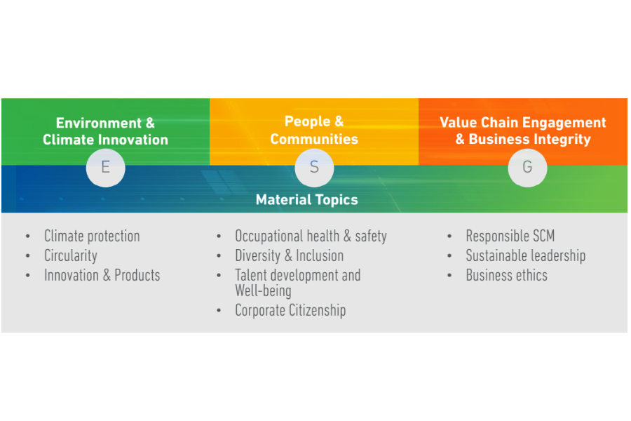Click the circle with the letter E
[105, 168]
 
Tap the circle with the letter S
[314, 168]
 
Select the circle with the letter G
[527, 168]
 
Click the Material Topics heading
[306, 200]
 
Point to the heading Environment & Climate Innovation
[105, 131]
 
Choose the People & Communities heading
[314, 130]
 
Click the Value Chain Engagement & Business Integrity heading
[523, 131]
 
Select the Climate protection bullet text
[92, 236]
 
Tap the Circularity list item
[71, 256]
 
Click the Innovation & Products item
[102, 276]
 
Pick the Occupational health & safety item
[311, 236]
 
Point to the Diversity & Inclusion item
[290, 256]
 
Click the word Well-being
[263, 291]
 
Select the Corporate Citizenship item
[290, 311]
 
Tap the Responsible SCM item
[510, 236]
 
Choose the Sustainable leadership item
[526, 256]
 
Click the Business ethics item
[507, 276]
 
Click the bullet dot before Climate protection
[28, 236]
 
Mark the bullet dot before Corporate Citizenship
[219, 310]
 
